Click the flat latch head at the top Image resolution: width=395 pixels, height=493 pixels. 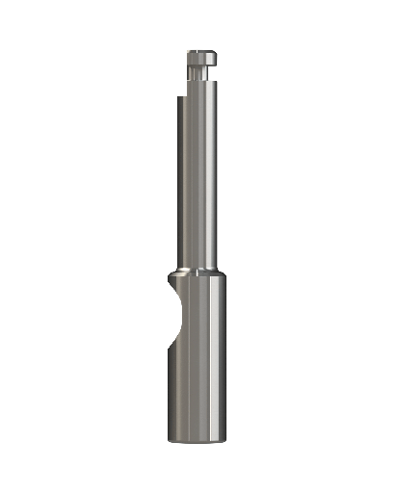point(197,57)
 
